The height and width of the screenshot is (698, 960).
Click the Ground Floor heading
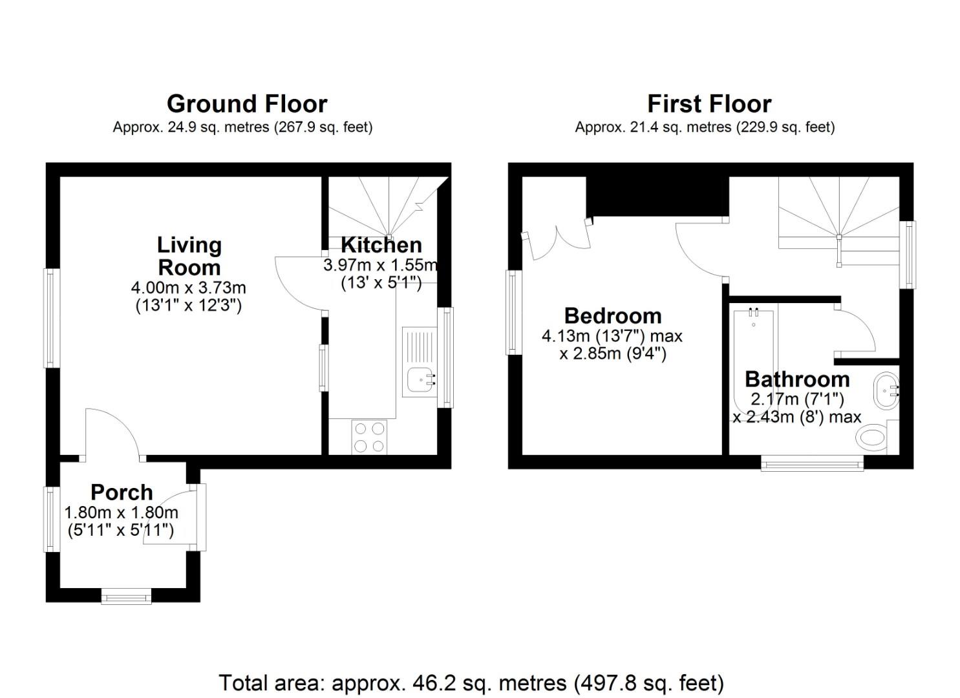(247, 104)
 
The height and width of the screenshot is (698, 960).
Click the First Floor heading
(709, 104)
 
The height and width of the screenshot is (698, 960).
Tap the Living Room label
(189, 256)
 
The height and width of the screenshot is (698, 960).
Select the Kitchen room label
(381, 245)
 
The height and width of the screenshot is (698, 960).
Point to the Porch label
(122, 492)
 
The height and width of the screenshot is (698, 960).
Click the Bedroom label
(613, 316)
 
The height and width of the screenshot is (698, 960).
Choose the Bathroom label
(797, 379)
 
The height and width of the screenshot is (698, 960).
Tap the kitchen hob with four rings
(369, 437)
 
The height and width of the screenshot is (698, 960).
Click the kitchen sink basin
(421, 379)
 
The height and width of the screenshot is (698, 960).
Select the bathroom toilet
(874, 438)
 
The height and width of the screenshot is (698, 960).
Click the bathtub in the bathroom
(754, 362)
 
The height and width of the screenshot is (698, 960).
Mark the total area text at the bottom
(471, 682)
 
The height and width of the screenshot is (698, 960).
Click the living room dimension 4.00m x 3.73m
(188, 287)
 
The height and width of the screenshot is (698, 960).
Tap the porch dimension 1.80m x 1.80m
(121, 513)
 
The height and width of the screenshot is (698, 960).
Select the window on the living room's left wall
(52, 318)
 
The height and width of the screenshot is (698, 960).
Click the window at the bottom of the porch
(126, 596)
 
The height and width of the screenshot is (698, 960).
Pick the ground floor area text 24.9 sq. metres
(242, 127)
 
